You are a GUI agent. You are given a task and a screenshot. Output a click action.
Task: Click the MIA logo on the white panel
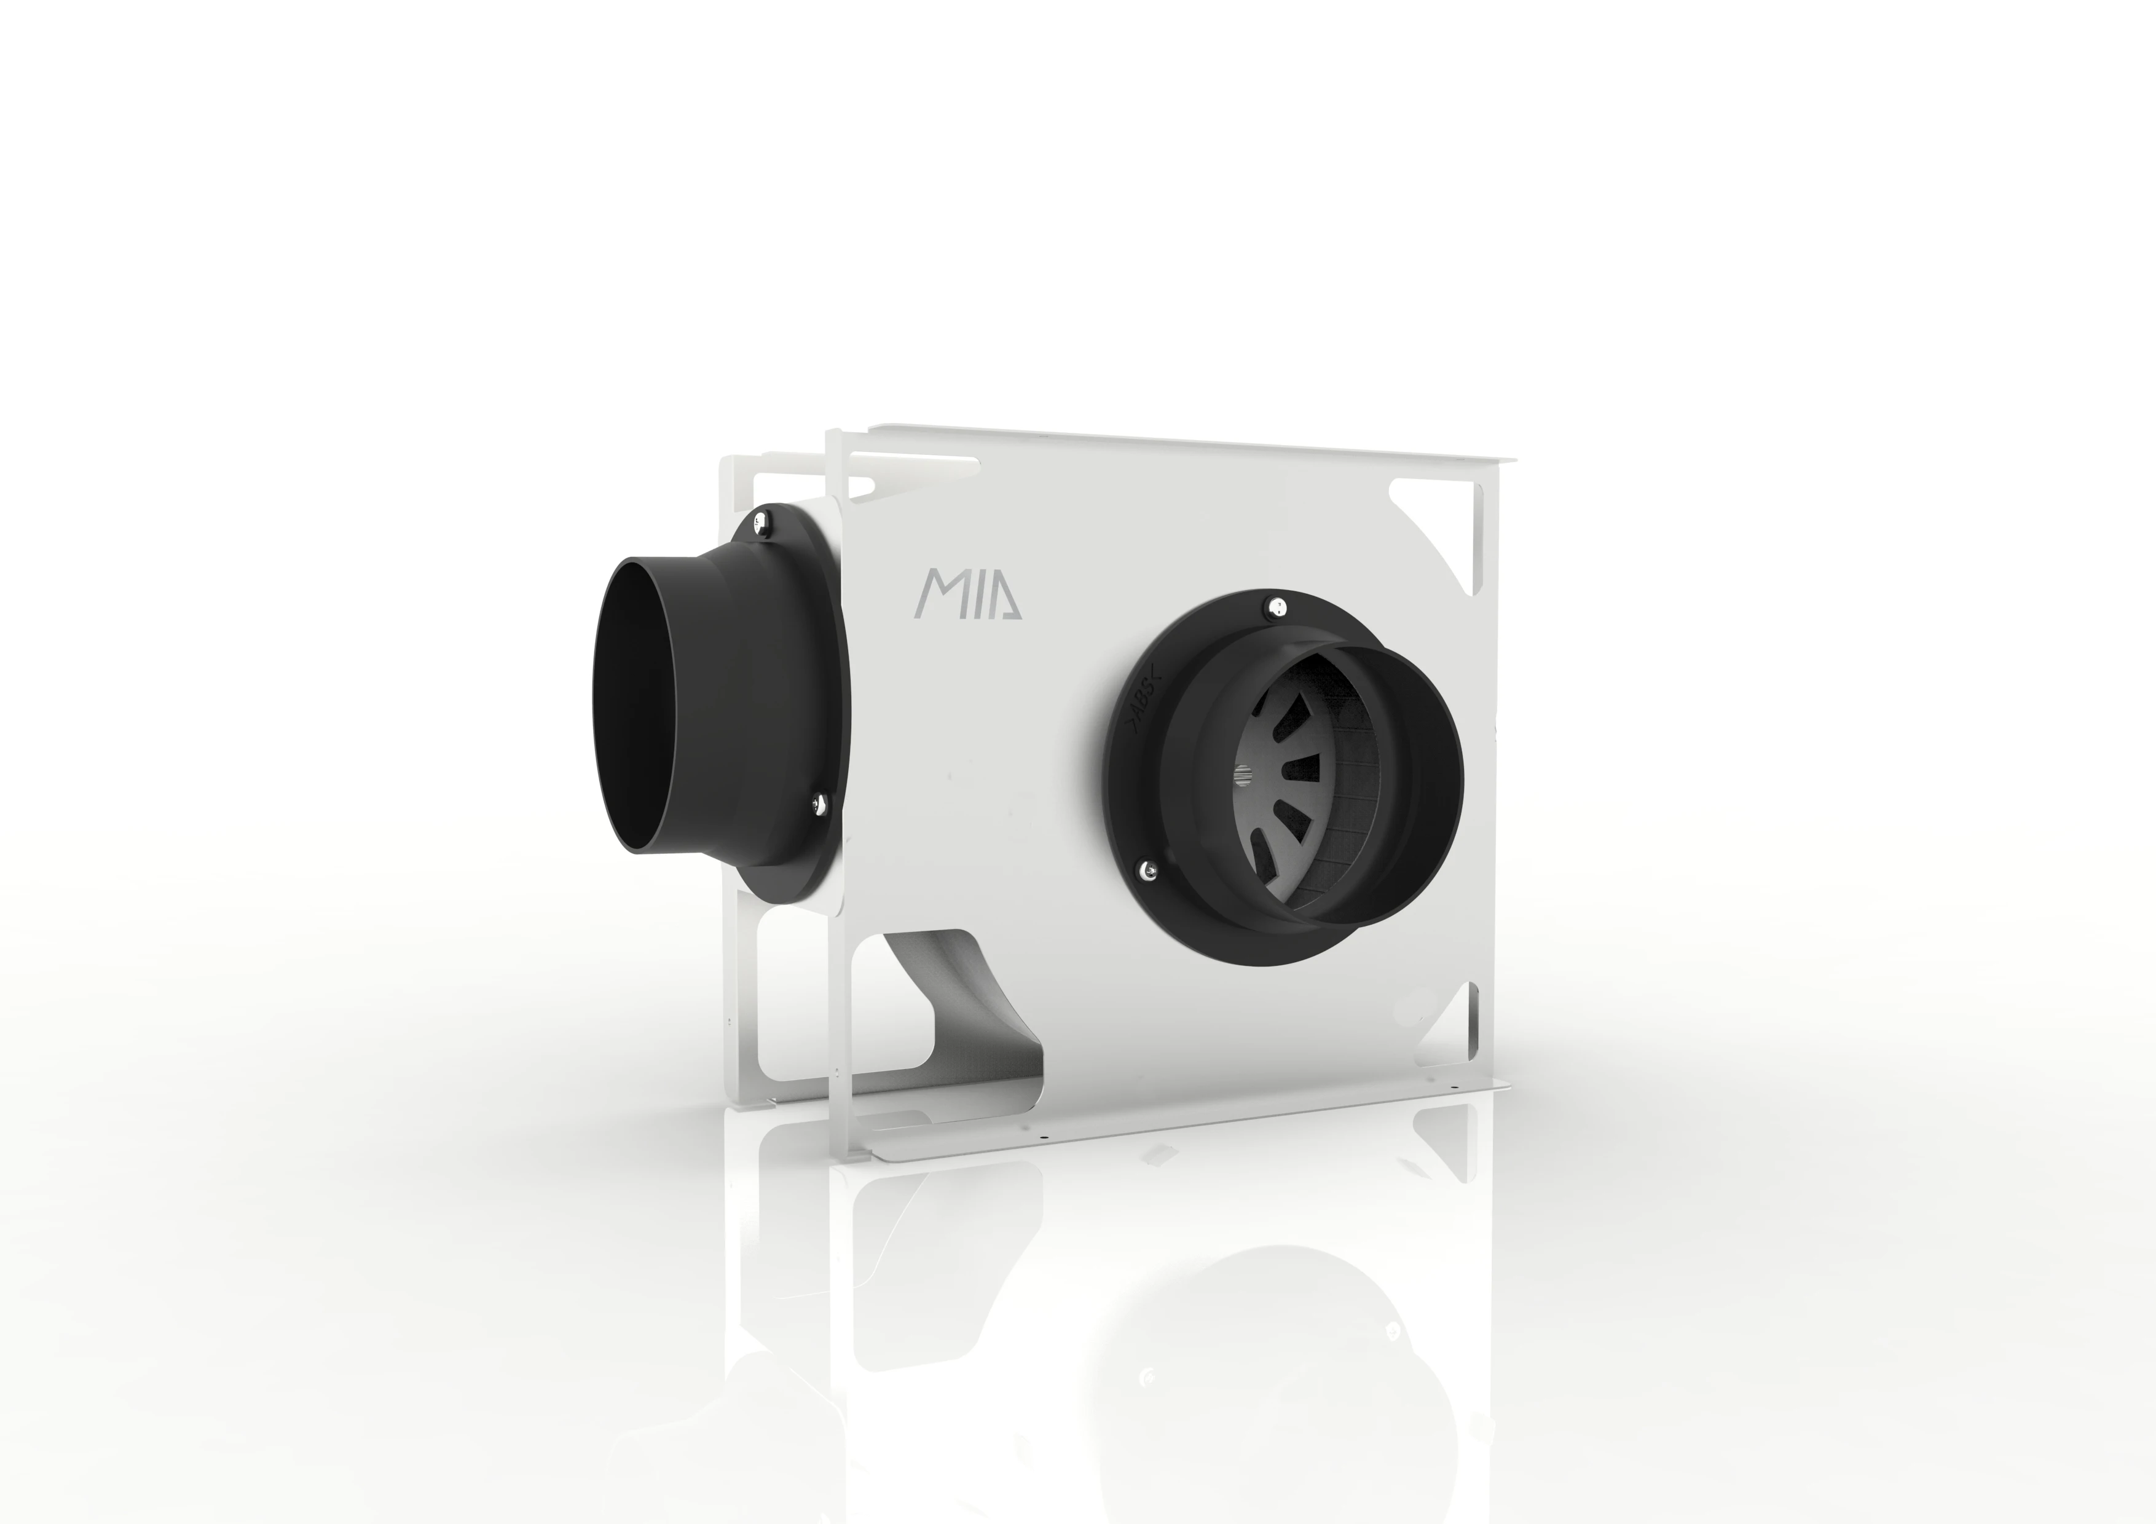click(968, 593)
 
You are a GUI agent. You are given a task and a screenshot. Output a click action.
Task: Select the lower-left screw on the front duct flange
click(1149, 871)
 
